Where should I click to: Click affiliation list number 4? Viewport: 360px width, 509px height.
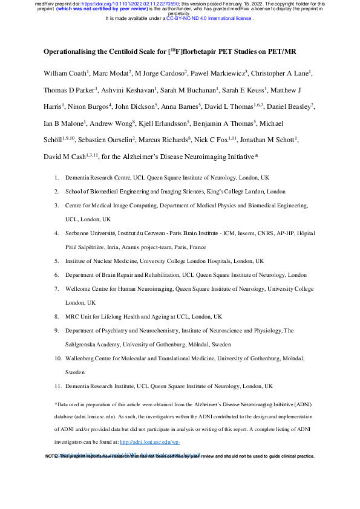pos(57,233)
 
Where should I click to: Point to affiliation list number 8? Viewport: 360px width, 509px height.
pos(57,316)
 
